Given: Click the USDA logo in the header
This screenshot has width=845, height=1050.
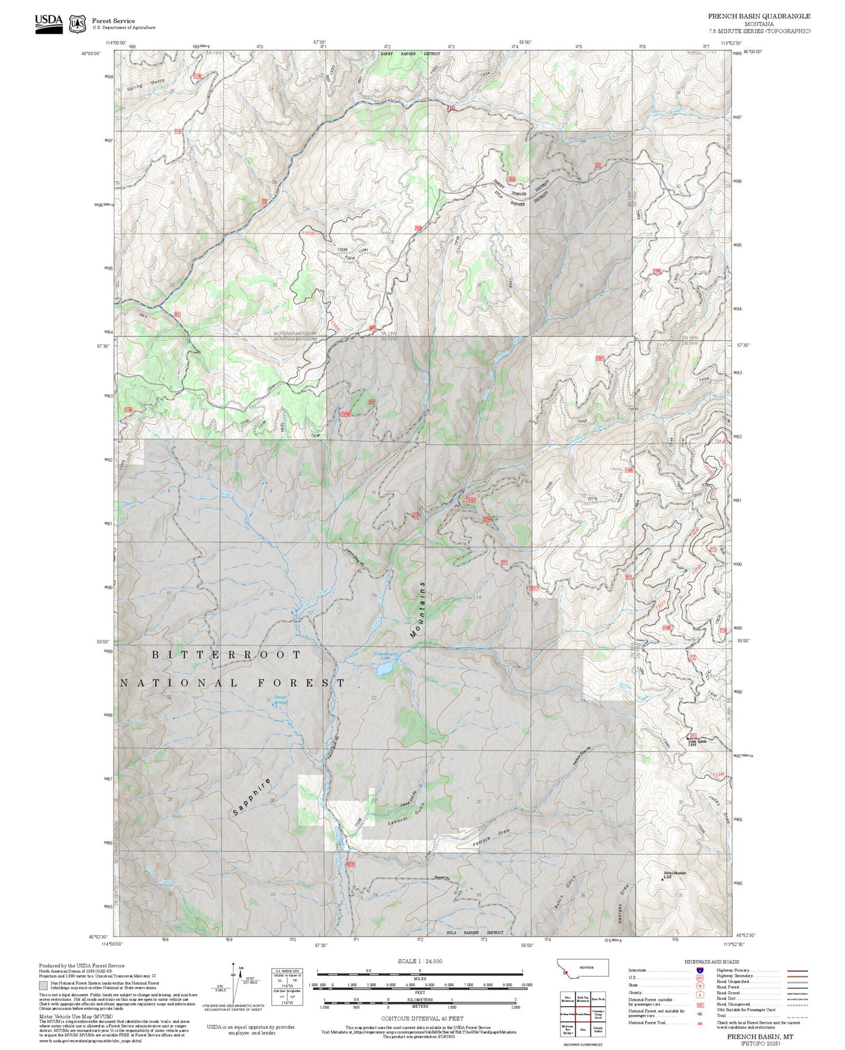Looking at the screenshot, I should tap(49, 23).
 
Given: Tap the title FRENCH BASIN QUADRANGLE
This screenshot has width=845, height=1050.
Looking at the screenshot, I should tap(758, 16).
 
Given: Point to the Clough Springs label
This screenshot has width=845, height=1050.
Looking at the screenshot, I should tap(281, 699).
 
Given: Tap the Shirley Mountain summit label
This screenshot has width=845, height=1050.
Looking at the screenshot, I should tap(674, 875).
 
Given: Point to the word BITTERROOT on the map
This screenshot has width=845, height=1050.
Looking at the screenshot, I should tap(226, 655).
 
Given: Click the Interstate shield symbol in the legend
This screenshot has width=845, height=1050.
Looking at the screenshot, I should tap(700, 970).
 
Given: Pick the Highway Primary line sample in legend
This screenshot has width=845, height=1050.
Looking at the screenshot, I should tap(797, 970).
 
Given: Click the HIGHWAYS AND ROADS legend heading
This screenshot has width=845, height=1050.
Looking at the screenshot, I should tap(711, 962).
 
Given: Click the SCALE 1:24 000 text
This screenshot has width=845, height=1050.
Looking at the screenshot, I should tap(420, 961).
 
